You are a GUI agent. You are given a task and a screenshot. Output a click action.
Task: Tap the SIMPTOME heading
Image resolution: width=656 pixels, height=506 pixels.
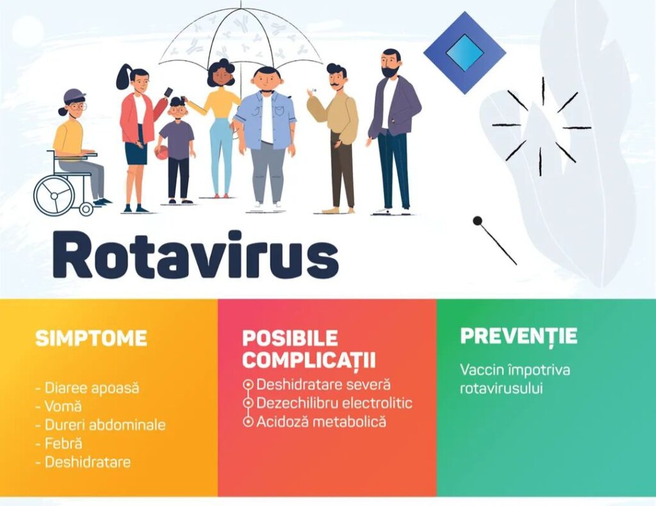click(91, 338)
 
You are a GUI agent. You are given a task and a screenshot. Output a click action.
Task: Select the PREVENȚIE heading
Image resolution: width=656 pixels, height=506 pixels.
click(518, 335)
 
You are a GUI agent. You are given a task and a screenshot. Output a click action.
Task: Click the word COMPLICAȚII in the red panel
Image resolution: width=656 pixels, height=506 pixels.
click(309, 360)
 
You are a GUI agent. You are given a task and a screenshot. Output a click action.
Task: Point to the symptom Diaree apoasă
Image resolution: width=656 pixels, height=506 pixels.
click(91, 388)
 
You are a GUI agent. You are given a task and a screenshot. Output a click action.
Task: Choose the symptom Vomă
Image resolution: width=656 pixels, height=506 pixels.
click(62, 407)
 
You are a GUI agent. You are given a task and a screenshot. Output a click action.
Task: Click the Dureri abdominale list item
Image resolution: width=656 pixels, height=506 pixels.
click(104, 425)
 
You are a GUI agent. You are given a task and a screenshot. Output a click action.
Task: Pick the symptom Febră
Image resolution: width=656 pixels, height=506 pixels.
click(63, 443)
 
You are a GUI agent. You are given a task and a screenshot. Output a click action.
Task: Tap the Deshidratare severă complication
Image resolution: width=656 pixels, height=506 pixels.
click(324, 385)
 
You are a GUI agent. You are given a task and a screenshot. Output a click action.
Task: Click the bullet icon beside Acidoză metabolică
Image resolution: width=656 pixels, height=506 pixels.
click(249, 422)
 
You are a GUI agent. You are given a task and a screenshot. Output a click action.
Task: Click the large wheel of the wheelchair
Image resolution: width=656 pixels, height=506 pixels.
click(54, 194)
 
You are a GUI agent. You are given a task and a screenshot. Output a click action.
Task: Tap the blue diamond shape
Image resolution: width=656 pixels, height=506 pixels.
click(464, 53)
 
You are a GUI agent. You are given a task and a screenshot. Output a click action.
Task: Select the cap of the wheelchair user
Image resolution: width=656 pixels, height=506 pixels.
click(74, 95)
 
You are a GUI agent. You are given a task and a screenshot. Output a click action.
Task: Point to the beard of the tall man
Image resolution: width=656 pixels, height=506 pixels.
click(389, 71)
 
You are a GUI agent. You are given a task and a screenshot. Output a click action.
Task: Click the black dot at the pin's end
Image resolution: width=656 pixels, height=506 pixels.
click(477, 221)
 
